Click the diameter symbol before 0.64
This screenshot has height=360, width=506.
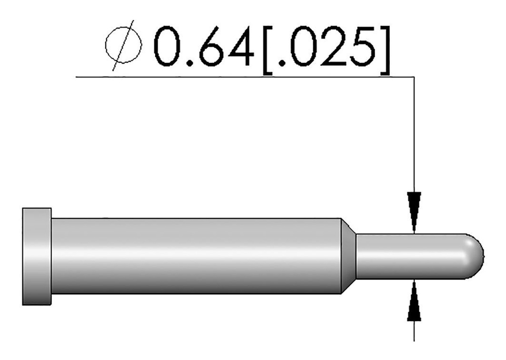[x=124, y=48]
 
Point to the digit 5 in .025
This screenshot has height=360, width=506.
[x=364, y=47]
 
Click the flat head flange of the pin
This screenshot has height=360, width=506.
[x=37, y=256]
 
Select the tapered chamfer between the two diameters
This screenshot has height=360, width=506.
[x=348, y=256]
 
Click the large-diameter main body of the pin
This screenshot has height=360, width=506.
[x=198, y=256]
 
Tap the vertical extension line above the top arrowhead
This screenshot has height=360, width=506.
[x=414, y=133]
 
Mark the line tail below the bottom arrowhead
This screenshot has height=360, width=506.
[x=414, y=331]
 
